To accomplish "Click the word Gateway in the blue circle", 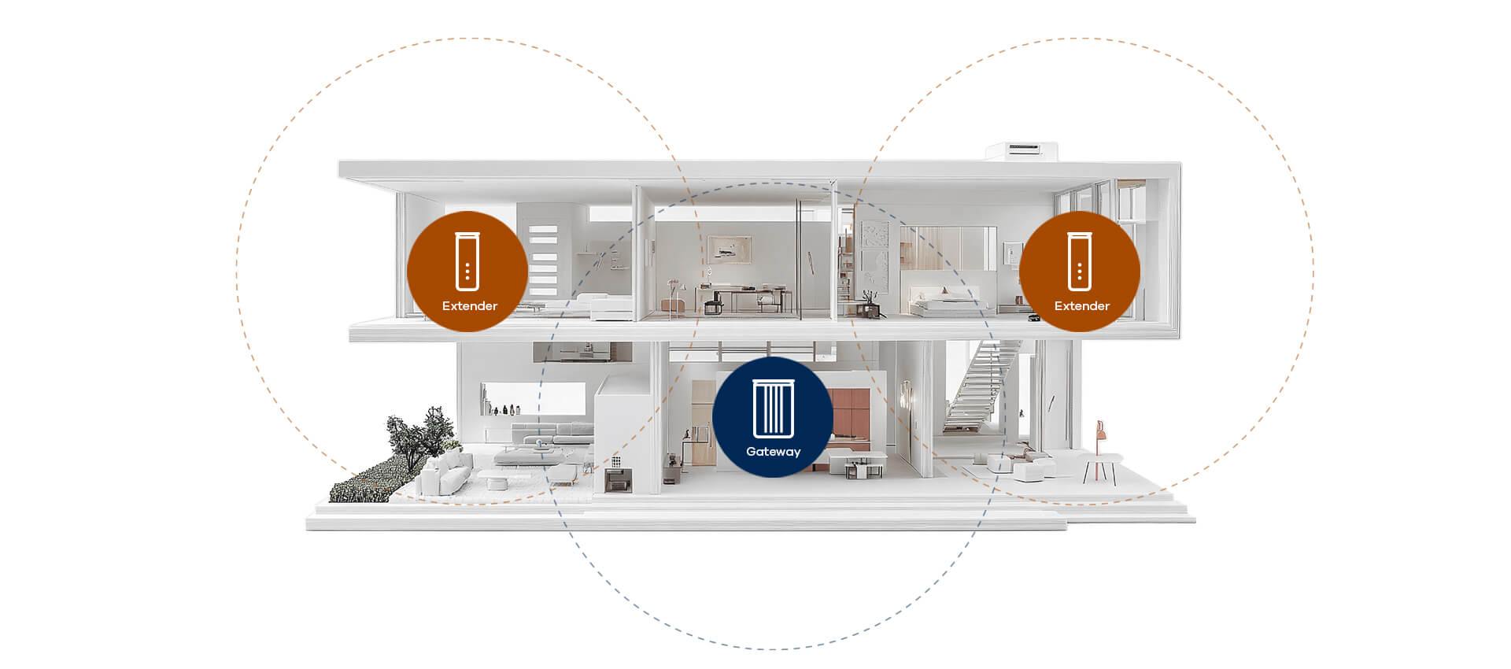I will point(773,452).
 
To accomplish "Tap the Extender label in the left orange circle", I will point(469,306).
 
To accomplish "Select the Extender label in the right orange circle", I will point(1081,306).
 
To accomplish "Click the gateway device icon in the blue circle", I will point(774,408).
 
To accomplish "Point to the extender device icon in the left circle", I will point(467,261).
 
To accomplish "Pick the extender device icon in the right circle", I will point(1080,261).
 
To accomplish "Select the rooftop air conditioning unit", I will point(1021,150).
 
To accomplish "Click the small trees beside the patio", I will point(421,437).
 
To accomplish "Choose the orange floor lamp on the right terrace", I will point(1100,437).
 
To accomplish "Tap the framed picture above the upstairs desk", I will point(729,249).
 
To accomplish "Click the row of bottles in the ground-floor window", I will point(504,410).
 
